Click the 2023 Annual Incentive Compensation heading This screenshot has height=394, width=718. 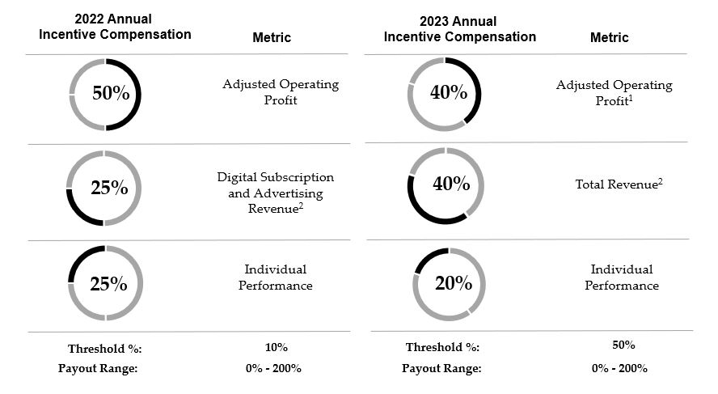[x=459, y=28]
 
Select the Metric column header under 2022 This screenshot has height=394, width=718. [x=272, y=37]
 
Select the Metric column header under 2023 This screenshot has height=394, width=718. [x=609, y=37]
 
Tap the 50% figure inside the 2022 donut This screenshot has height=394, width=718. [x=111, y=93]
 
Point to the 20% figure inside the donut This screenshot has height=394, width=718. [x=453, y=283]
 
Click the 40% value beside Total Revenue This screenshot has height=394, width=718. [x=451, y=184]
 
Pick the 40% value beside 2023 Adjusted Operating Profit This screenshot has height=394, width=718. [x=449, y=92]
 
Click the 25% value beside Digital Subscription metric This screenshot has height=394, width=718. [x=109, y=188]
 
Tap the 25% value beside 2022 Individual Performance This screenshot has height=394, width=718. [x=108, y=284]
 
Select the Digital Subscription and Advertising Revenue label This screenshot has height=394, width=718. [x=275, y=193]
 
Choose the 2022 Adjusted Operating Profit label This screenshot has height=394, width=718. [x=281, y=92]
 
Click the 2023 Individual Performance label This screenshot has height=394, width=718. [x=621, y=277]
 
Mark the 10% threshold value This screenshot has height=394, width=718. [x=276, y=347]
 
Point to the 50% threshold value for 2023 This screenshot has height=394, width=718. [x=623, y=345]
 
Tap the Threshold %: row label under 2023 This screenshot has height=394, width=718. [x=442, y=348]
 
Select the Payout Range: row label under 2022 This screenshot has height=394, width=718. [x=99, y=368]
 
